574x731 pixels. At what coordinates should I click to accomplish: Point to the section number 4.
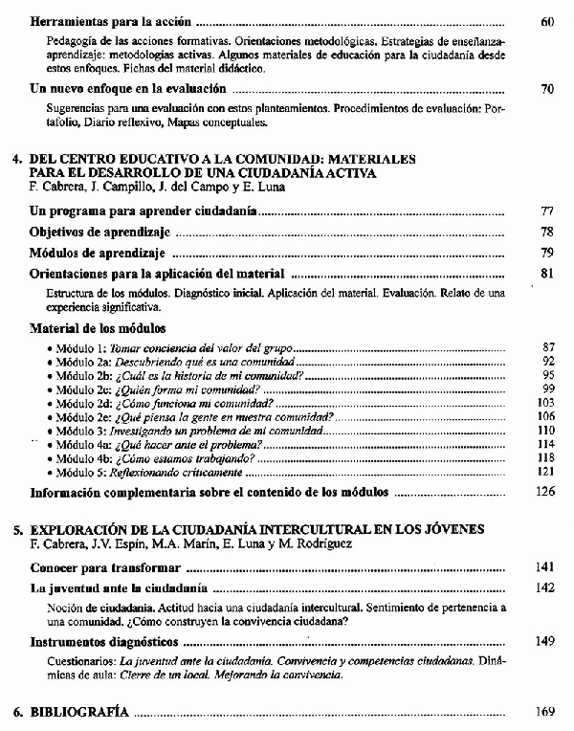coord(16,160)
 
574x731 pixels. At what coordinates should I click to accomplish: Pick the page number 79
coord(546,253)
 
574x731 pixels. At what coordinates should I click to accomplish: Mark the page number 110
coord(546,432)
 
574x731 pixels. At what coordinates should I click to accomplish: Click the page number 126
coord(545,493)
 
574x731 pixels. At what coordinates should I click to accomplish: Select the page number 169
coord(545,712)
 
